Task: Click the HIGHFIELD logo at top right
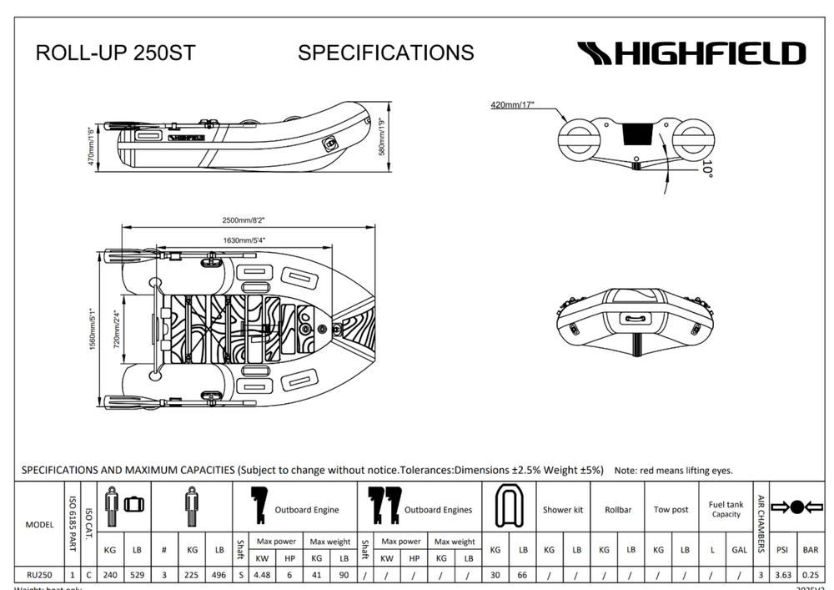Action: (x=691, y=54)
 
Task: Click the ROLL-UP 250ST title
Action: (x=115, y=53)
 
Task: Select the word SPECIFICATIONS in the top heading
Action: (x=385, y=53)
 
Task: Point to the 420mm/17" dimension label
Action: (x=513, y=105)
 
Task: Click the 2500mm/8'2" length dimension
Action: (x=244, y=220)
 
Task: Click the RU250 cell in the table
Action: (x=39, y=574)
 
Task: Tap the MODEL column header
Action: (x=39, y=525)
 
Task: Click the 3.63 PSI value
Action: (x=783, y=574)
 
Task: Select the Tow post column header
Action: (x=671, y=510)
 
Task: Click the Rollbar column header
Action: (x=617, y=510)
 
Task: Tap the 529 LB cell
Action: (x=137, y=574)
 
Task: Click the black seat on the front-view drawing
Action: (x=639, y=134)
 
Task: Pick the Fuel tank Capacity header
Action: (x=726, y=509)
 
